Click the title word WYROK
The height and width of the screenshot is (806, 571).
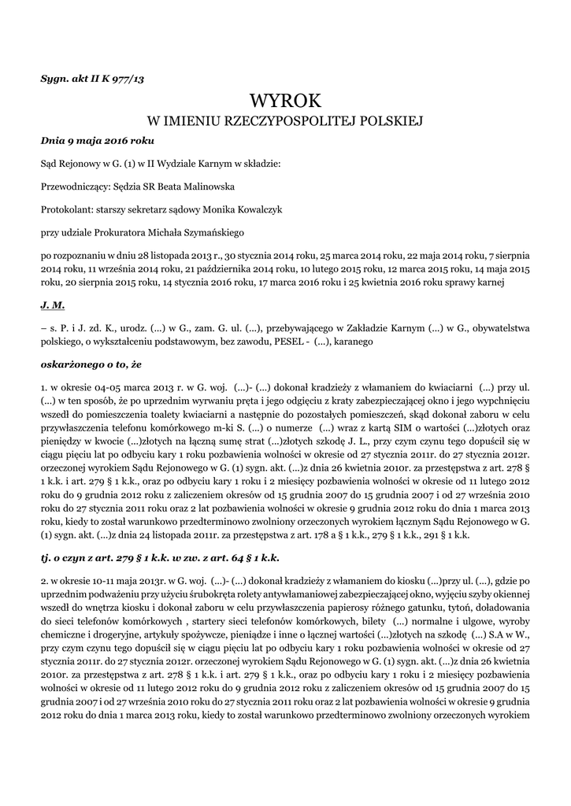pyautogui.click(x=285, y=101)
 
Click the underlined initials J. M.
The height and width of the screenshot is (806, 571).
pyautogui.click(x=52, y=302)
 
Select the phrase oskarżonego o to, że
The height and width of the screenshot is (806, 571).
pyautogui.click(x=91, y=364)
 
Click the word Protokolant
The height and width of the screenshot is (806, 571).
pyautogui.click(x=65, y=209)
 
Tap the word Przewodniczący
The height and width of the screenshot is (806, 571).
pyautogui.click(x=76, y=187)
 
